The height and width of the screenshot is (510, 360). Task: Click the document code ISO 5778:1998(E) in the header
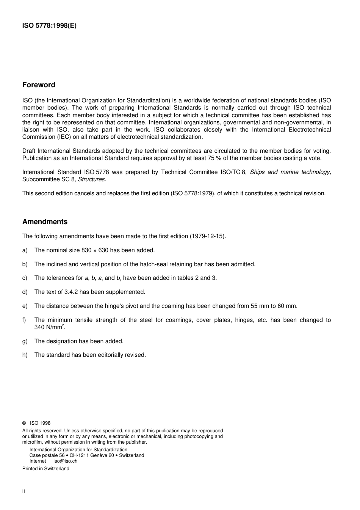pos(49,26)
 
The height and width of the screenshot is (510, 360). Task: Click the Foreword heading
pos(39,85)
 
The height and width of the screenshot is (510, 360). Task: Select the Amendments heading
pos(45,222)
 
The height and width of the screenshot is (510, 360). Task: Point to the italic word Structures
pos(92,179)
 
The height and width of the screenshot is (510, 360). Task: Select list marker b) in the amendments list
pos(25,264)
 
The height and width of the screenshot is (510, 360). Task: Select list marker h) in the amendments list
pos(25,355)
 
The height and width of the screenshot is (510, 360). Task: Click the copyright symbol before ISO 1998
pos(24,423)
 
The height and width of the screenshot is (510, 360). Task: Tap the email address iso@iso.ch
pos(65,461)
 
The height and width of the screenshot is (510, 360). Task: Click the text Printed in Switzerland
pos(46,469)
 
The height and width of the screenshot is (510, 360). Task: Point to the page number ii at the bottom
pos(23,491)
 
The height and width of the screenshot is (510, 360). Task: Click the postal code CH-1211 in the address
pos(80,455)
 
